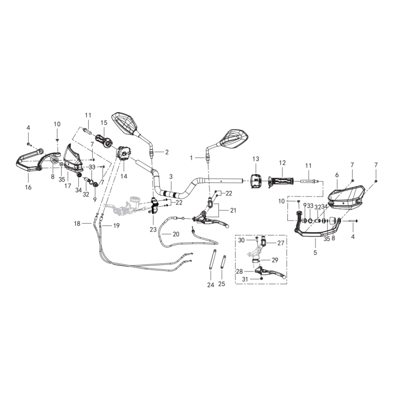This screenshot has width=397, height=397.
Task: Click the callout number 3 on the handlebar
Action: click(171, 177)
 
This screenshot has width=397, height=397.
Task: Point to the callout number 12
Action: click(282, 163)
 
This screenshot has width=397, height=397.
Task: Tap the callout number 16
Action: click(28, 187)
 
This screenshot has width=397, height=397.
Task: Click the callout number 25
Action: click(222, 284)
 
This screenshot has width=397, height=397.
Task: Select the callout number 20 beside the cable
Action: click(176, 234)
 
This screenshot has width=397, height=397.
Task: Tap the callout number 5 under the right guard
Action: click(314, 252)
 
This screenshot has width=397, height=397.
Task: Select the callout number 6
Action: click(336, 175)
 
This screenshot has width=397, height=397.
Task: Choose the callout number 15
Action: click(104, 123)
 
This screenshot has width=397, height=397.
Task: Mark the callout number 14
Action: click(124, 176)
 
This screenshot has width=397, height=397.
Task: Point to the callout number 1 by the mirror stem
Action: click(191, 157)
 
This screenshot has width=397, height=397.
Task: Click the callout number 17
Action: click(67, 187)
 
